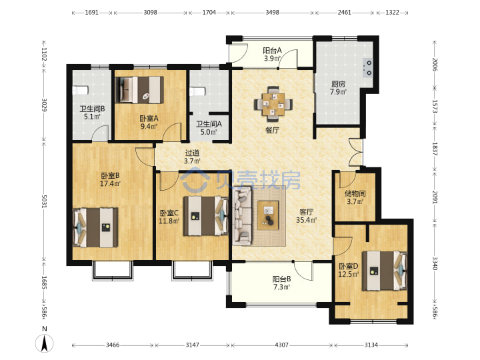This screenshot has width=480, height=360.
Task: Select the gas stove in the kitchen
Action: [x=367, y=67]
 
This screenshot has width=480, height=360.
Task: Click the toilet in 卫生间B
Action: [x=81, y=90]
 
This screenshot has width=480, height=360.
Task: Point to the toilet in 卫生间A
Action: [x=197, y=91]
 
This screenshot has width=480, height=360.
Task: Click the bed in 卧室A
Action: [x=139, y=89]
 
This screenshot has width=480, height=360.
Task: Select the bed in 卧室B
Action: [x=95, y=228]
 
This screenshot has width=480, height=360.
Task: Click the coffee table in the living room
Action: [x=268, y=215]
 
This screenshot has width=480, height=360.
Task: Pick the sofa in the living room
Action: [x=242, y=216]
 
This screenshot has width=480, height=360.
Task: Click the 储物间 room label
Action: [x=355, y=193]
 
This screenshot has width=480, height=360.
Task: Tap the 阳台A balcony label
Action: [x=272, y=50]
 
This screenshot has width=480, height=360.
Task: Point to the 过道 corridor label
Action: [x=192, y=153]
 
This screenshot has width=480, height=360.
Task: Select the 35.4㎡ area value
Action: [x=306, y=220]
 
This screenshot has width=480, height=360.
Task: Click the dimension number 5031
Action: [x=44, y=201]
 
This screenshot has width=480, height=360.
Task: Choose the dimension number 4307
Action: [x=281, y=345]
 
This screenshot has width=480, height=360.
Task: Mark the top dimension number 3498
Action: [x=272, y=13]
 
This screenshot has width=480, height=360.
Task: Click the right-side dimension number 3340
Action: [x=435, y=263]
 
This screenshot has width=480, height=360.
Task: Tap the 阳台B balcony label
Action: [x=281, y=279]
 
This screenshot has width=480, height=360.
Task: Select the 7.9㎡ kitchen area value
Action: [x=338, y=91]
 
